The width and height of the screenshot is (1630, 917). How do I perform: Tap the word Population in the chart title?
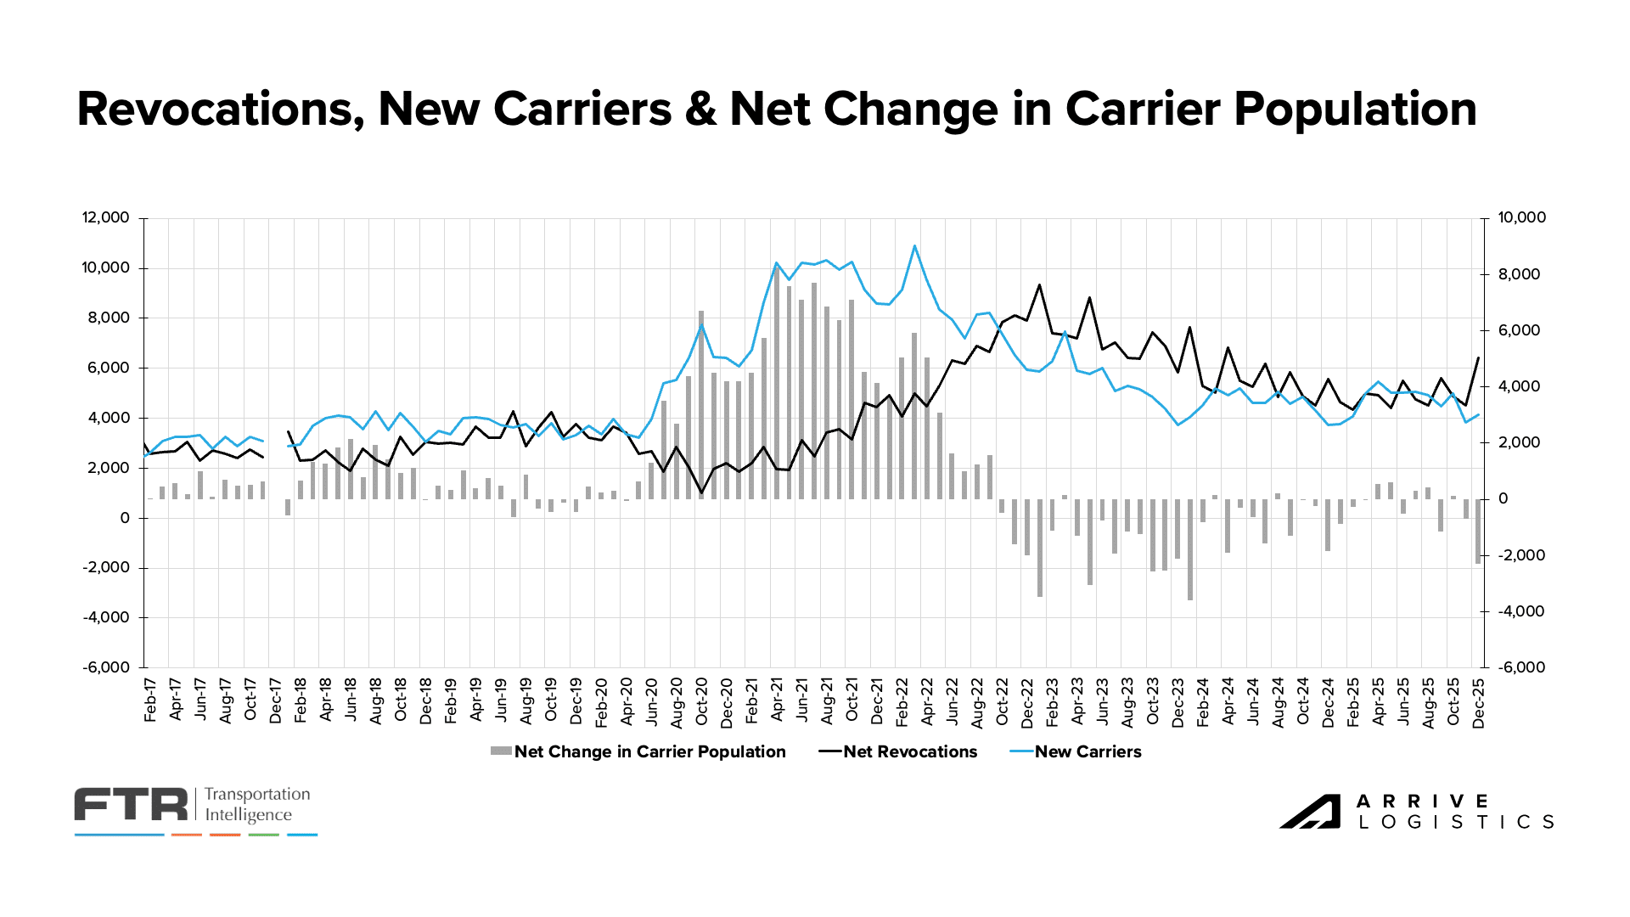1355,110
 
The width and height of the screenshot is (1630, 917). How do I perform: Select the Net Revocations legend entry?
909,751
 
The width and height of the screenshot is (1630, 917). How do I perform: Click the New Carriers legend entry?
1088,751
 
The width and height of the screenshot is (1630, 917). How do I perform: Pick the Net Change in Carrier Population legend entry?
649,751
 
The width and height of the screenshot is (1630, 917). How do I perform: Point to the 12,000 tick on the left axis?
105,217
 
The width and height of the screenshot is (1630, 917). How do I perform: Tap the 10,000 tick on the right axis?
1521,217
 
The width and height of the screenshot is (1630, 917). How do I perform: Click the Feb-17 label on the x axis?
150,700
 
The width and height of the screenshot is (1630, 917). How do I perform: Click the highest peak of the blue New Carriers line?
914,245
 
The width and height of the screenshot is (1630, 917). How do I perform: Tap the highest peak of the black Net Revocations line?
1040,284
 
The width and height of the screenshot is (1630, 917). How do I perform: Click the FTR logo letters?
131,804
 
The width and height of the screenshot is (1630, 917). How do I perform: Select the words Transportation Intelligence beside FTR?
257,804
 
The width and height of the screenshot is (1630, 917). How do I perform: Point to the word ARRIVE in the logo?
1422,802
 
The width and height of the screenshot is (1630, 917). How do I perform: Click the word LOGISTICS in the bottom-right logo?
1457,822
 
